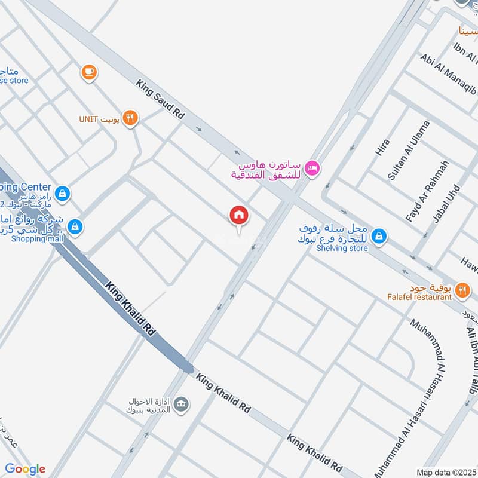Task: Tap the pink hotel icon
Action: click(x=312, y=169)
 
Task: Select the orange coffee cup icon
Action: click(x=90, y=72)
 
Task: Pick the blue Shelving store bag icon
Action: click(x=378, y=237)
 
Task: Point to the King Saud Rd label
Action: click(x=160, y=102)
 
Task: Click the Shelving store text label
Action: click(x=342, y=249)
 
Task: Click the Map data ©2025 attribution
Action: click(x=445, y=473)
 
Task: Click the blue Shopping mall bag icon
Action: click(x=75, y=226)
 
